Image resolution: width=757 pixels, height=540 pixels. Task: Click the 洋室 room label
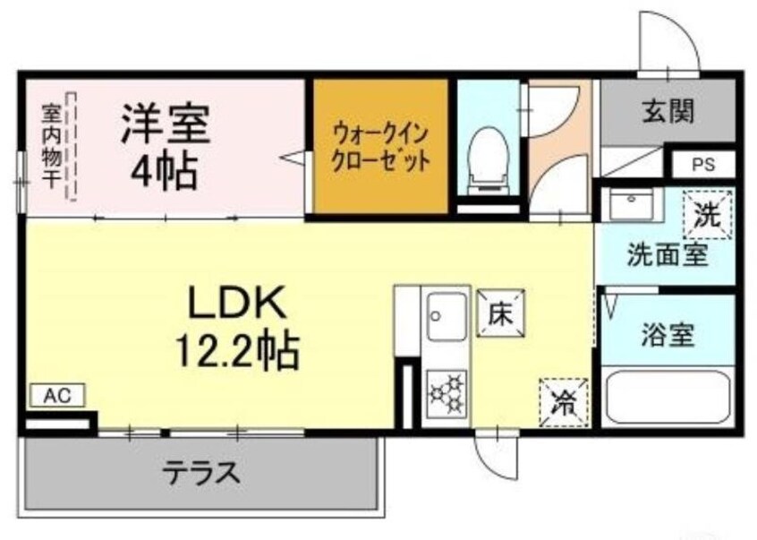pyautogui.click(x=166, y=124)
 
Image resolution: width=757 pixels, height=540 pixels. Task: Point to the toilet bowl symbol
pyautogui.click(x=488, y=151)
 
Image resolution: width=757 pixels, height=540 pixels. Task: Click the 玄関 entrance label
pyautogui.click(x=668, y=111)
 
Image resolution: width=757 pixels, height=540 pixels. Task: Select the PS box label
pyautogui.click(x=702, y=166)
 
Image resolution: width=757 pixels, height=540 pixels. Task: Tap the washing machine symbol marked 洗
pyautogui.click(x=707, y=215)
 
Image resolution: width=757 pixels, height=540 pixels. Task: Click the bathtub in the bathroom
pyautogui.click(x=668, y=399)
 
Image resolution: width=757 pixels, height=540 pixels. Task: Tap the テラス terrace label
pyautogui.click(x=201, y=470)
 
